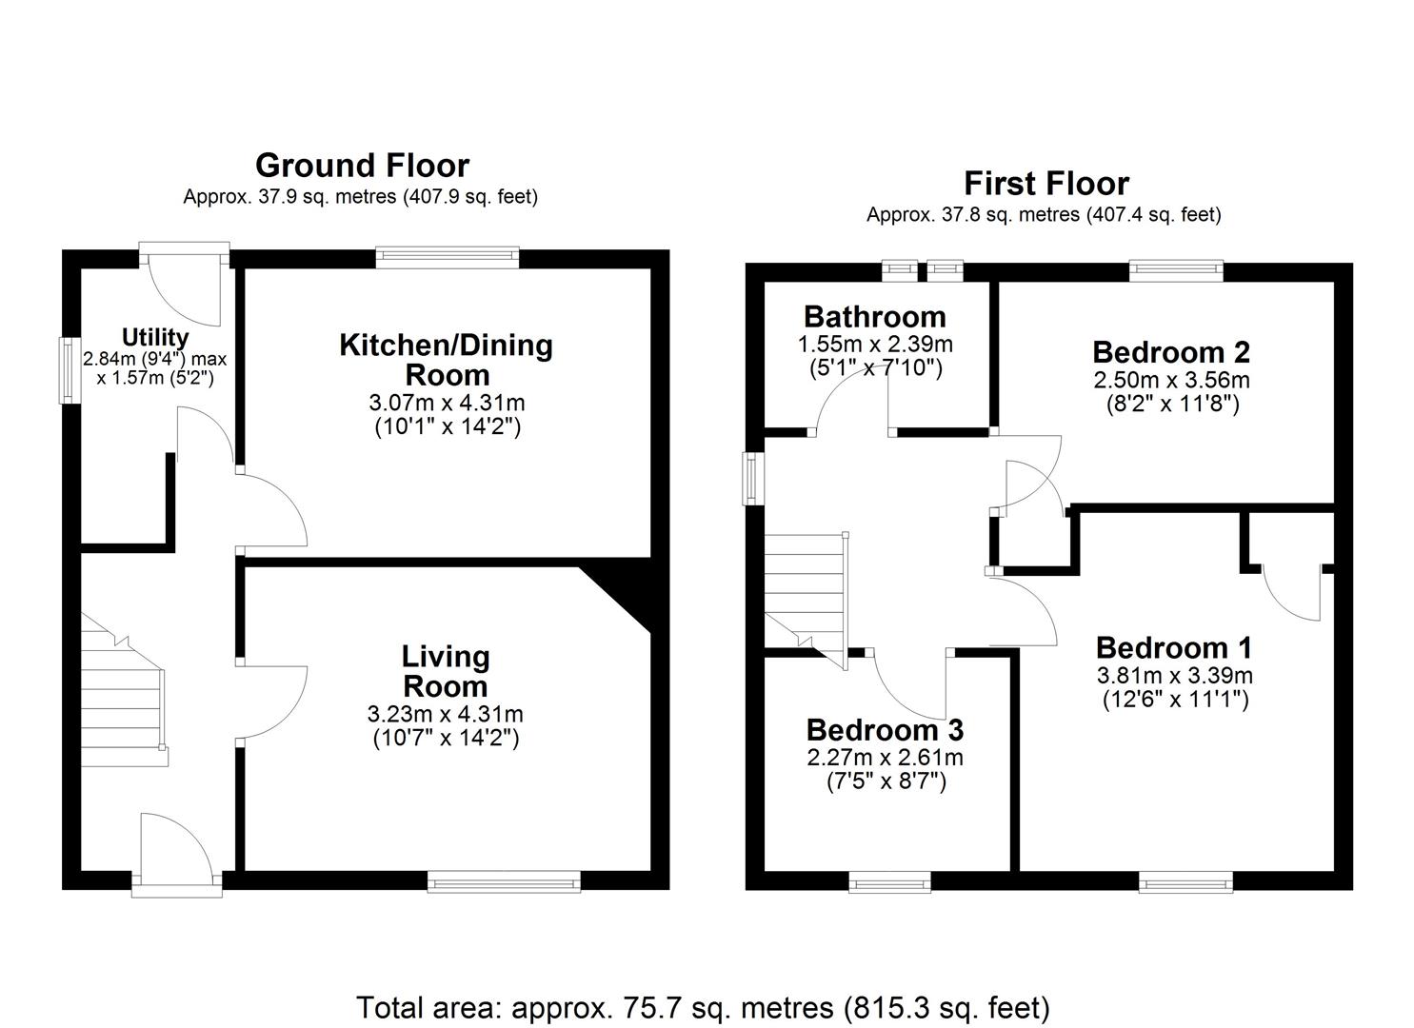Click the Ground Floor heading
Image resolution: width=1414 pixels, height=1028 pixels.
[362, 166]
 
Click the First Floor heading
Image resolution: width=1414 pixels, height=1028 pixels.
[1046, 183]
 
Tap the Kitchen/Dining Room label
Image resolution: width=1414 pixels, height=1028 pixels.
[446, 359]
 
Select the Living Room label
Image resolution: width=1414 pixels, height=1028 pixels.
[446, 671]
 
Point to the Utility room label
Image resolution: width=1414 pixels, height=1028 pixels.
[155, 337]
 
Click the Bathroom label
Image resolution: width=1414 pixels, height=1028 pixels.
[874, 316]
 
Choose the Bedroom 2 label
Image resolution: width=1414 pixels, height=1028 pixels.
[1170, 351]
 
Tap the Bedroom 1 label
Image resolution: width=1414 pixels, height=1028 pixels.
[1173, 647]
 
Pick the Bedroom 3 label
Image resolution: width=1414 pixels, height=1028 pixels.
[885, 729]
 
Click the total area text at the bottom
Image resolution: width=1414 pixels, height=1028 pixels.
[703, 1006]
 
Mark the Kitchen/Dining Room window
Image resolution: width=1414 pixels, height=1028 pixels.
[447, 254]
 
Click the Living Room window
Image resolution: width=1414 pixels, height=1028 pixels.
[504, 884]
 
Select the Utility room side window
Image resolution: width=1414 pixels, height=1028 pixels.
[70, 369]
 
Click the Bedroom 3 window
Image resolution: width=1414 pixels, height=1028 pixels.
[890, 884]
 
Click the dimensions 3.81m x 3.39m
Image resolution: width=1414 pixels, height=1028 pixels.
[1174, 676]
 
